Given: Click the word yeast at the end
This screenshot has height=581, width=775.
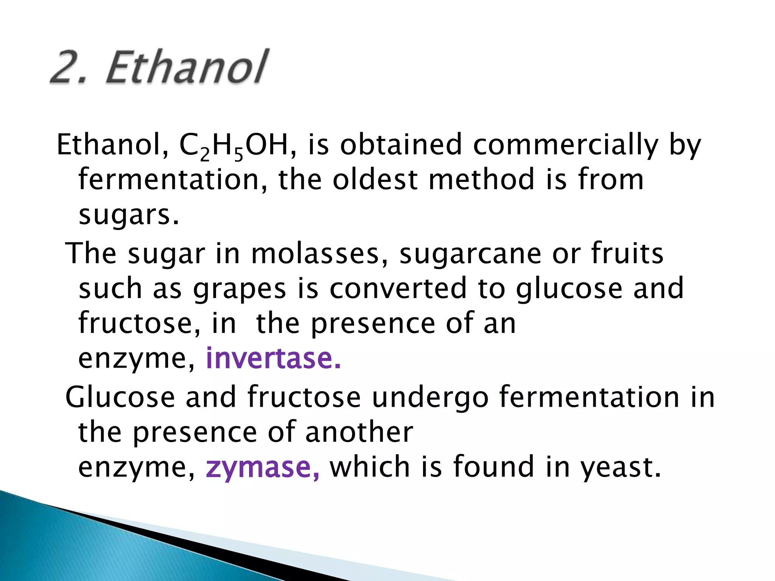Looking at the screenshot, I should click(x=621, y=468).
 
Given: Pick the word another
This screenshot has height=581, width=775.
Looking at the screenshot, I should click(x=359, y=432).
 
